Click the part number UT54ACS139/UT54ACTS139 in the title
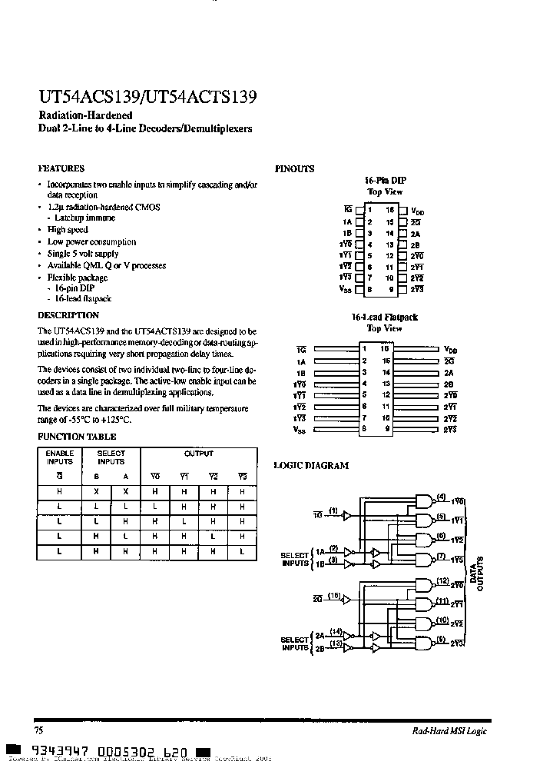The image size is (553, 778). coord(147,98)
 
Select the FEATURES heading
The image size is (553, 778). coord(61,168)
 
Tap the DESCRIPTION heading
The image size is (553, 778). coord(68,315)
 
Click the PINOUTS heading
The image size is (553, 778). coord(294,169)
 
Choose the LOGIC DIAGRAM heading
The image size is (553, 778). coord(311,465)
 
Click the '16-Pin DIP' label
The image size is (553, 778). coord(385,180)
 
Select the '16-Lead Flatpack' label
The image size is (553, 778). coord(385,317)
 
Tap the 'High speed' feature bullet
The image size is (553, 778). coord(68,230)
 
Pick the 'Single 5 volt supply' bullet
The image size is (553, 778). coord(83,253)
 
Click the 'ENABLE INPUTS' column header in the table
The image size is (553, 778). coord(59,457)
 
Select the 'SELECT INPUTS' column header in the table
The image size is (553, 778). coord(111,457)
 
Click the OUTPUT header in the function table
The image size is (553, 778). coord(198,454)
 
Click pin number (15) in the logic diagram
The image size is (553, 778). coord(333,596)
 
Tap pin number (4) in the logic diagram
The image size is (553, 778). coord(441,497)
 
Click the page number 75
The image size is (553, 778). coord(39,730)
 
